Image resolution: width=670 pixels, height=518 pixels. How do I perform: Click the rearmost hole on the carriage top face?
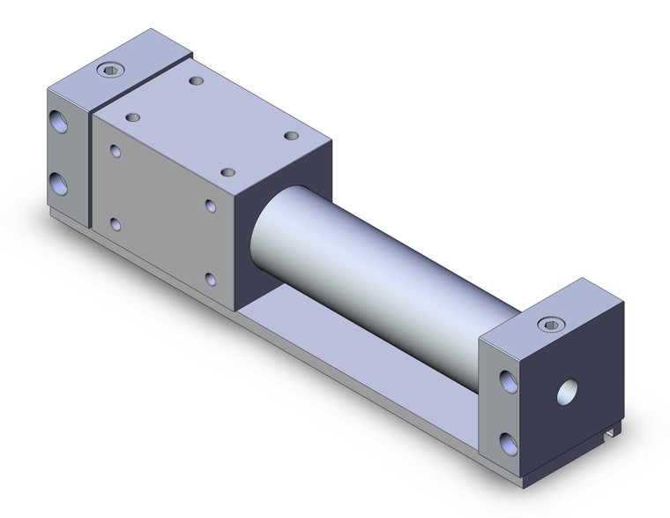click(x=196, y=81)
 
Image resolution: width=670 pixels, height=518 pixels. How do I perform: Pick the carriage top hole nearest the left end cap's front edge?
click(x=133, y=116)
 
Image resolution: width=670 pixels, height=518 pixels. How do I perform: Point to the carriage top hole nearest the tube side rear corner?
click(x=292, y=135)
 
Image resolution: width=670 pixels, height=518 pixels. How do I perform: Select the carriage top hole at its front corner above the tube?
click(x=228, y=172)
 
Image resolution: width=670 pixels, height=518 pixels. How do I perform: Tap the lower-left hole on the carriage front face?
click(x=116, y=224)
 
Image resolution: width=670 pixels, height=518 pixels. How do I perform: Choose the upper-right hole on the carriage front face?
click(x=211, y=206)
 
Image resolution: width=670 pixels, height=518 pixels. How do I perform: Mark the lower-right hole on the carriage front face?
click(x=211, y=280)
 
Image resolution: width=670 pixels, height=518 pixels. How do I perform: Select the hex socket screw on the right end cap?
click(x=552, y=324)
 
